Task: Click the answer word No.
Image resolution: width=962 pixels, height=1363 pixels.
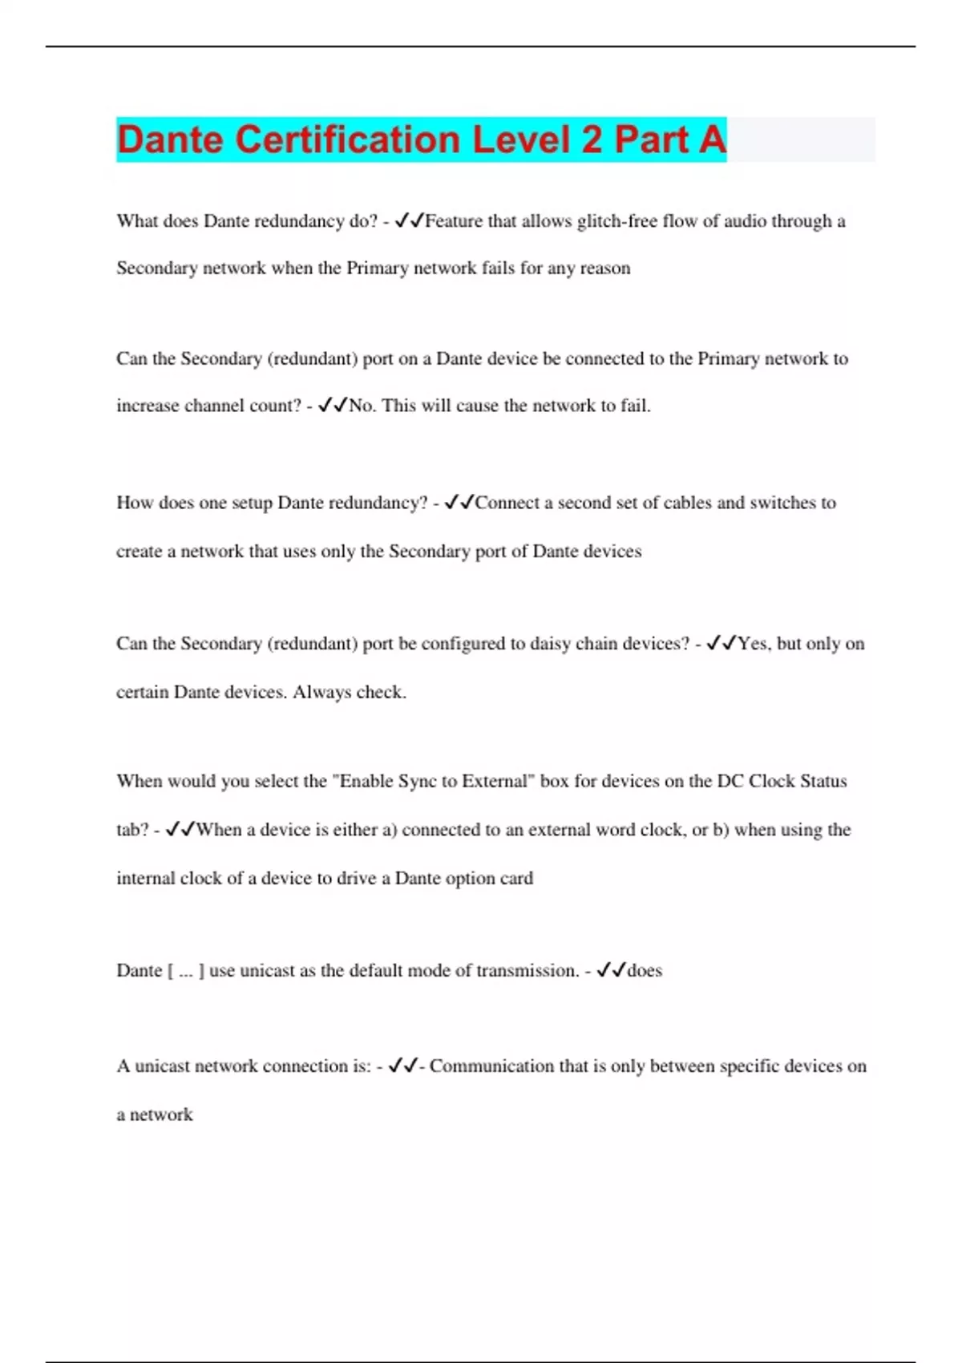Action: tap(362, 406)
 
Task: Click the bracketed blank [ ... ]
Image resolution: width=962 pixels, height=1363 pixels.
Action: tap(185, 971)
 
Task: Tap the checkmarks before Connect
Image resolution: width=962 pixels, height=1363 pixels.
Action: tap(459, 503)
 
